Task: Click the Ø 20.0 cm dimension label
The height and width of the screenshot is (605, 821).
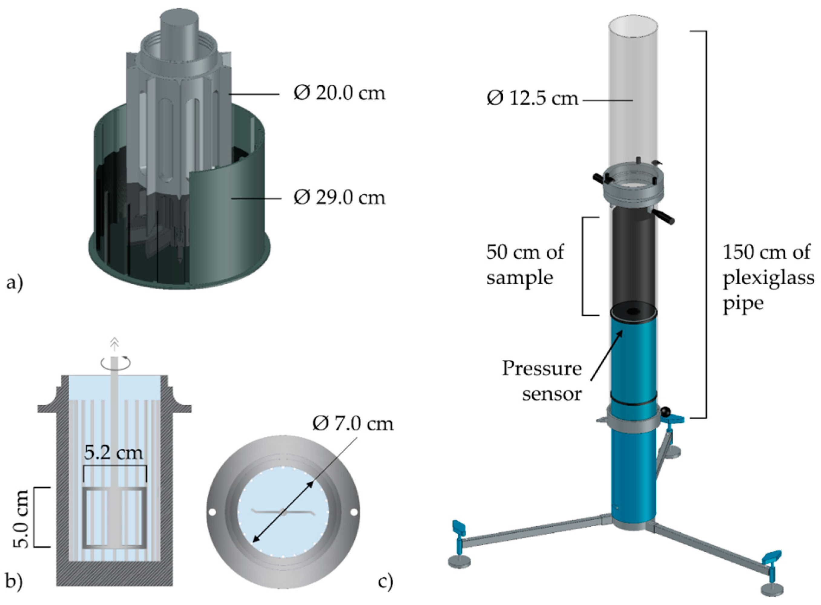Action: pyautogui.click(x=339, y=93)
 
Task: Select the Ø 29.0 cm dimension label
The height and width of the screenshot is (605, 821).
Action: pyautogui.click(x=339, y=198)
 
